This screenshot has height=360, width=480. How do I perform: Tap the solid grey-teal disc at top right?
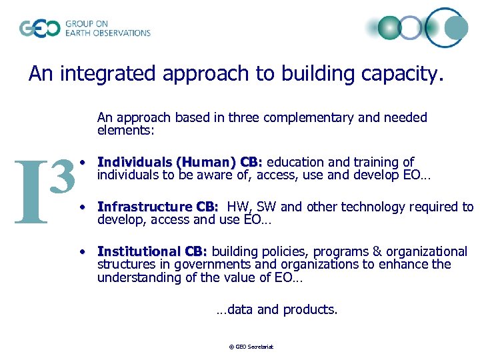pos(456,28)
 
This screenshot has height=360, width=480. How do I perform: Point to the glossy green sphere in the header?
pos(389,28)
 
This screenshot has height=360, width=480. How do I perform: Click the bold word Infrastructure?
pos(145,207)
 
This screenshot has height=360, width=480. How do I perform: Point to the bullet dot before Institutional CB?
pos(81,251)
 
